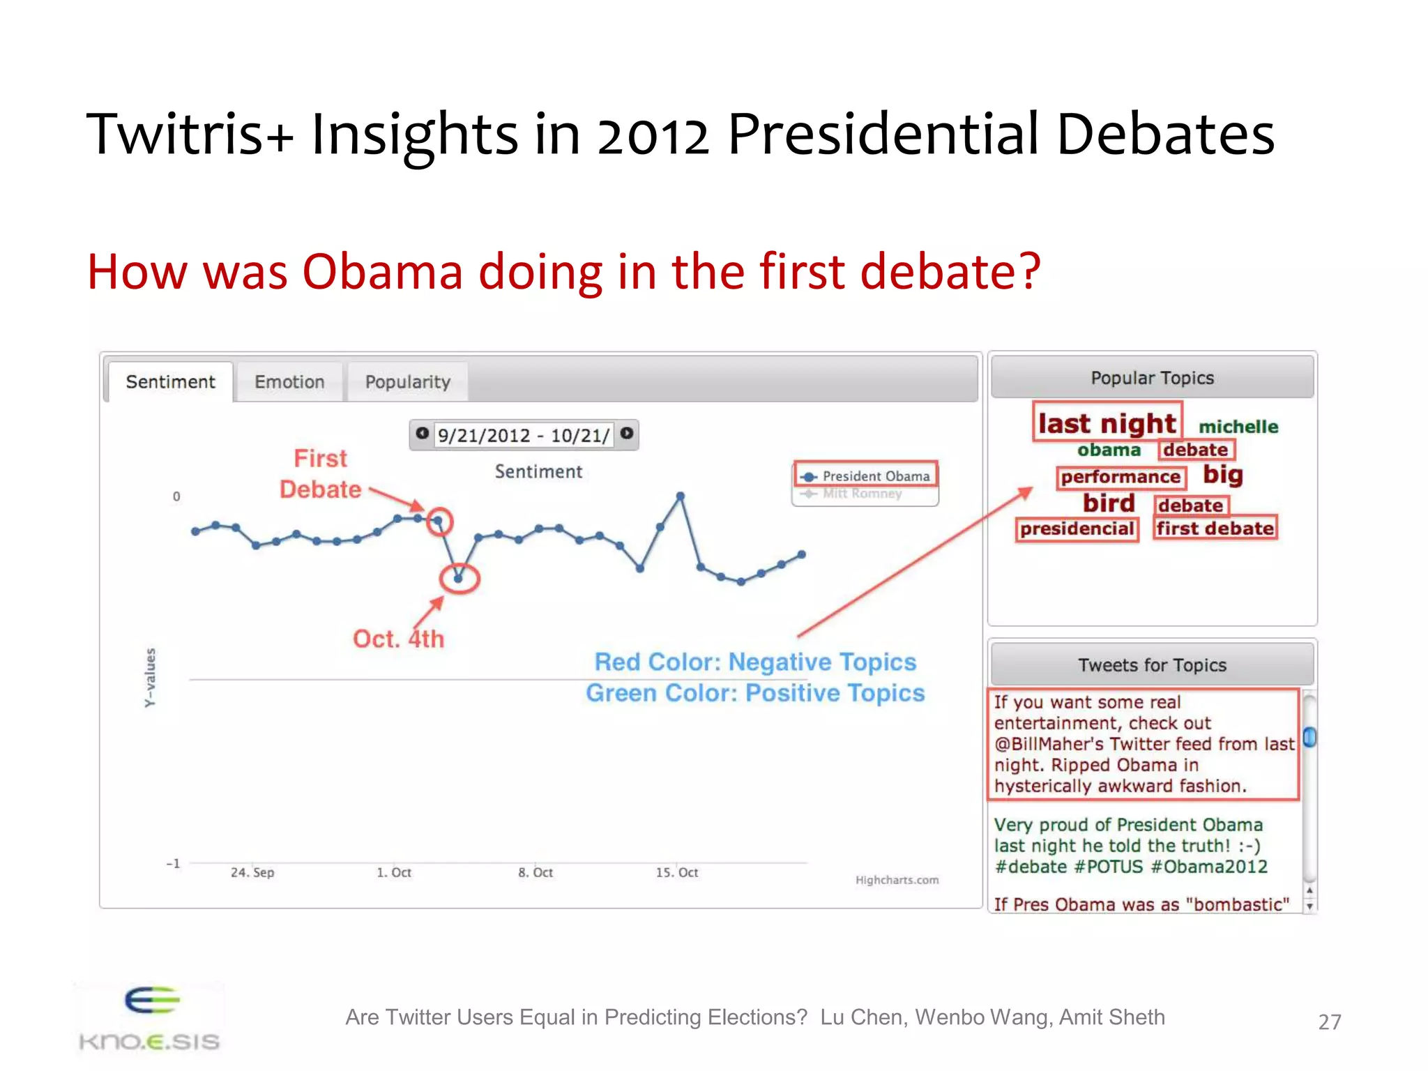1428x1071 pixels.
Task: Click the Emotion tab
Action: (x=289, y=382)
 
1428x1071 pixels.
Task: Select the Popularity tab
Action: (x=408, y=382)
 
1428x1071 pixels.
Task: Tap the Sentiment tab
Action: (x=170, y=382)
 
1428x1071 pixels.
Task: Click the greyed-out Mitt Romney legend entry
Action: (x=862, y=494)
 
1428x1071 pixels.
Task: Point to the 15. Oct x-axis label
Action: (x=676, y=872)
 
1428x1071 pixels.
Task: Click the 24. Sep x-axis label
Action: (x=252, y=872)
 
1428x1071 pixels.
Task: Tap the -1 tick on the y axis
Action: (x=173, y=863)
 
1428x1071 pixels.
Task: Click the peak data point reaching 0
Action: (x=680, y=496)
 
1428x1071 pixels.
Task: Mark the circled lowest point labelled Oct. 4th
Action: (x=458, y=578)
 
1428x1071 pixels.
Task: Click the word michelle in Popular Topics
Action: (x=1238, y=427)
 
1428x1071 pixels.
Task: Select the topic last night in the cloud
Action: (x=1107, y=423)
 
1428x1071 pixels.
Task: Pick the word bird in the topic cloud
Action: (x=1109, y=503)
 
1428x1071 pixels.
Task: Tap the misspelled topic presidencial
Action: (x=1077, y=529)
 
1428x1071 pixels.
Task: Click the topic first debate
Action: (x=1215, y=529)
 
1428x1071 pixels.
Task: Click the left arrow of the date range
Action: (x=422, y=433)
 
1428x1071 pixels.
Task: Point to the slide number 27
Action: (x=1329, y=1022)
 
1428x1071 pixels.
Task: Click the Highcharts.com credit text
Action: (x=897, y=880)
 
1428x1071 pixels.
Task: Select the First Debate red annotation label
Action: (x=320, y=474)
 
